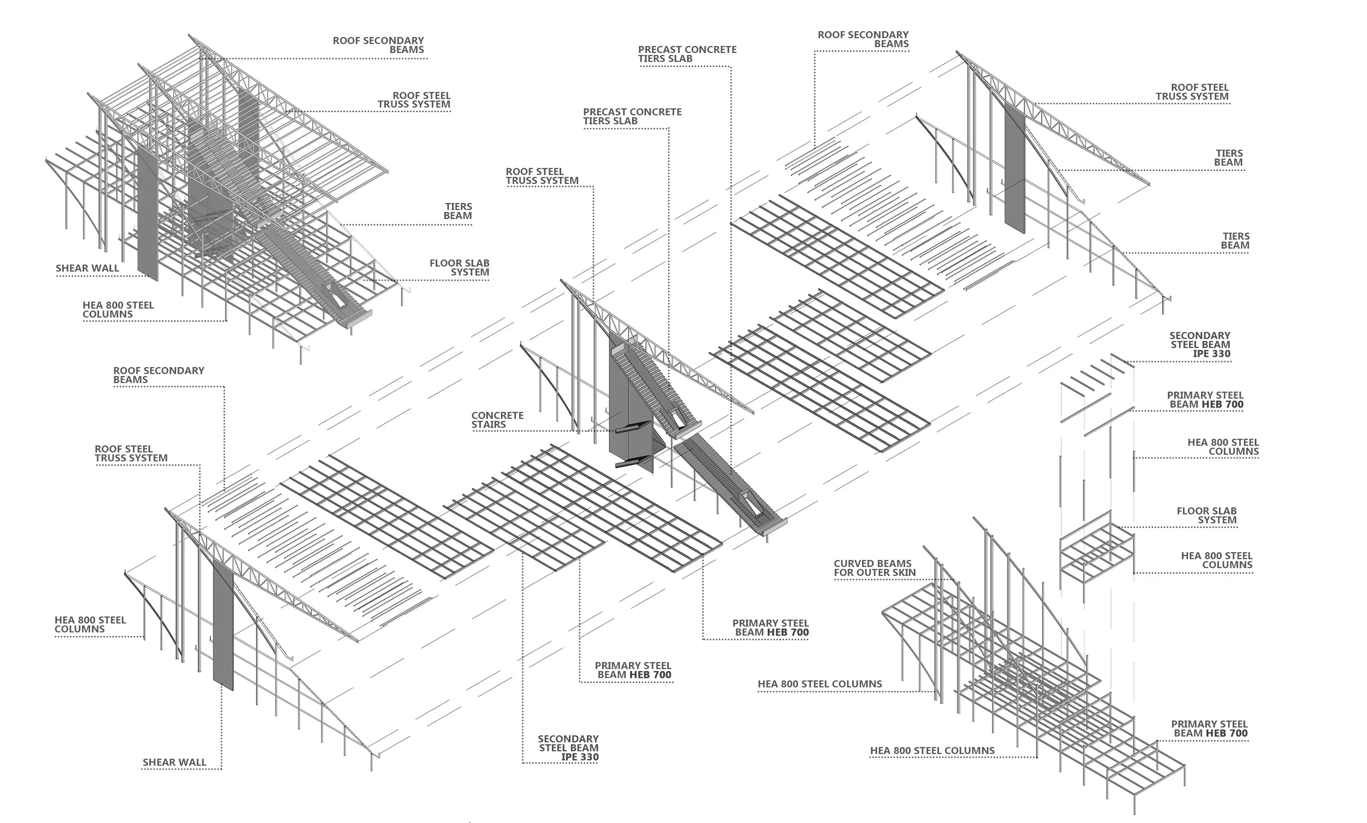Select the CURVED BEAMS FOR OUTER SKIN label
tap(874, 568)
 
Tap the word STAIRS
tap(489, 425)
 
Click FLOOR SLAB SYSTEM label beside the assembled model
tap(459, 267)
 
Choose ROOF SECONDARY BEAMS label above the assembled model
tap(378, 45)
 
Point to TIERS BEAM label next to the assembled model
tap(457, 211)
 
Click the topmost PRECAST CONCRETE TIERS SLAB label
tap(687, 54)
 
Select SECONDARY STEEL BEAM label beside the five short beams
tap(1199, 344)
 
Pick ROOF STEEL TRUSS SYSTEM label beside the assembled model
tap(414, 100)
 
